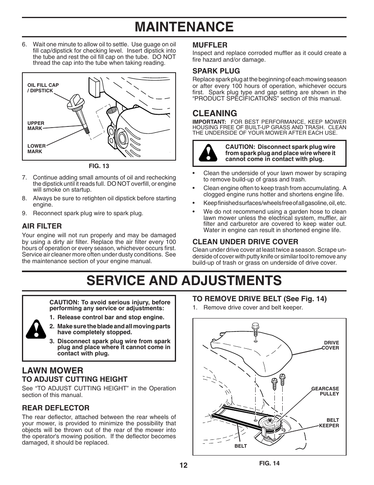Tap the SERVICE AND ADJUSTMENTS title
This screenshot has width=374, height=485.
[x=184, y=280]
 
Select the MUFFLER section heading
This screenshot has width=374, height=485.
[x=210, y=45]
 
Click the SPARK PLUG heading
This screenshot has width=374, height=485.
[x=216, y=71]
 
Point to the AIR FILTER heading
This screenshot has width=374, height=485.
[x=42, y=226]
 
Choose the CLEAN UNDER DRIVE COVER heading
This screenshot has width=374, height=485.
[x=245, y=242]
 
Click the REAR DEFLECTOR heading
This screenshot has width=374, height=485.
[x=56, y=408]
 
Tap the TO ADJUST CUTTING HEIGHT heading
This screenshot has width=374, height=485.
[x=75, y=379]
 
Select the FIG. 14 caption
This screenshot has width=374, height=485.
[x=269, y=463]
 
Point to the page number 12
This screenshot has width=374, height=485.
[x=184, y=465]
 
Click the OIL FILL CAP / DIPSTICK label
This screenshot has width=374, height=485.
[x=43, y=88]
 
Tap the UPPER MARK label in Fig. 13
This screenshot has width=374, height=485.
[x=36, y=126]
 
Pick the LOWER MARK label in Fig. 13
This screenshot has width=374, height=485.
[x=36, y=148]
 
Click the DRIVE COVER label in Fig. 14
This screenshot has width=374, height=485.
[x=330, y=345]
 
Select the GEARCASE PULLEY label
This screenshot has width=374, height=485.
[x=325, y=391]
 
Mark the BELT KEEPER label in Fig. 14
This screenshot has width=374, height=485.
[x=329, y=423]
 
